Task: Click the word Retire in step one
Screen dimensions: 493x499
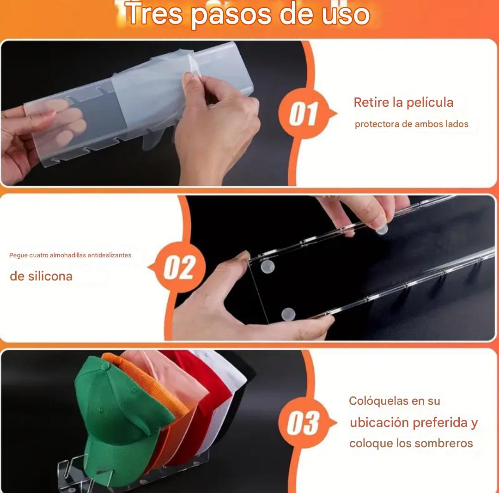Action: coord(371,103)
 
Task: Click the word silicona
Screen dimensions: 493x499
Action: coord(50,276)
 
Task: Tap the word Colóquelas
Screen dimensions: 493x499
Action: coord(379,401)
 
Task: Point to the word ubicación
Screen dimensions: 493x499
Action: coord(379,423)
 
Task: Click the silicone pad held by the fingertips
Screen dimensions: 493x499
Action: coord(382,229)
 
